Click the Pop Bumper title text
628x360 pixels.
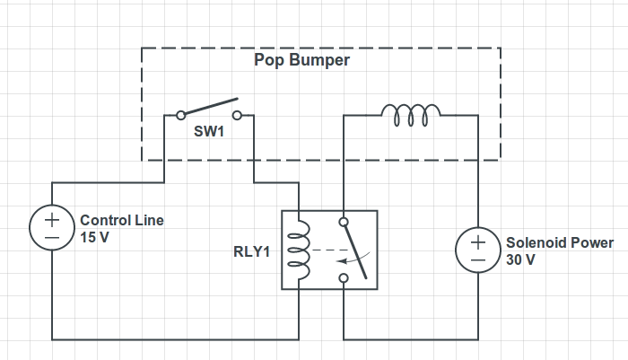point(302,60)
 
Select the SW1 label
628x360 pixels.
point(209,131)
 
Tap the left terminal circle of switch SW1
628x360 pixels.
point(181,116)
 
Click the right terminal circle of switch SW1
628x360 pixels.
point(237,116)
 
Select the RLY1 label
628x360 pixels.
point(251,251)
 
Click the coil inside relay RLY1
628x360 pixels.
point(299,250)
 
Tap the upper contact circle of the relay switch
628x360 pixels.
point(344,222)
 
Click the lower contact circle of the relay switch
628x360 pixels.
point(344,277)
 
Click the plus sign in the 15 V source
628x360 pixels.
point(52,220)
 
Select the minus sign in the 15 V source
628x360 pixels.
point(52,238)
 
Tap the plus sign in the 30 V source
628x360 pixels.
point(478,242)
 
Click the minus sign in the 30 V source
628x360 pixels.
point(478,260)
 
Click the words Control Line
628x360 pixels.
point(122,220)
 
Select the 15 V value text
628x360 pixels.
point(94,237)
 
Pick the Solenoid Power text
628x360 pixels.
point(560,243)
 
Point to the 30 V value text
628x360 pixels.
point(520,259)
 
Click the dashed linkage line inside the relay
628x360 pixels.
point(331,250)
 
